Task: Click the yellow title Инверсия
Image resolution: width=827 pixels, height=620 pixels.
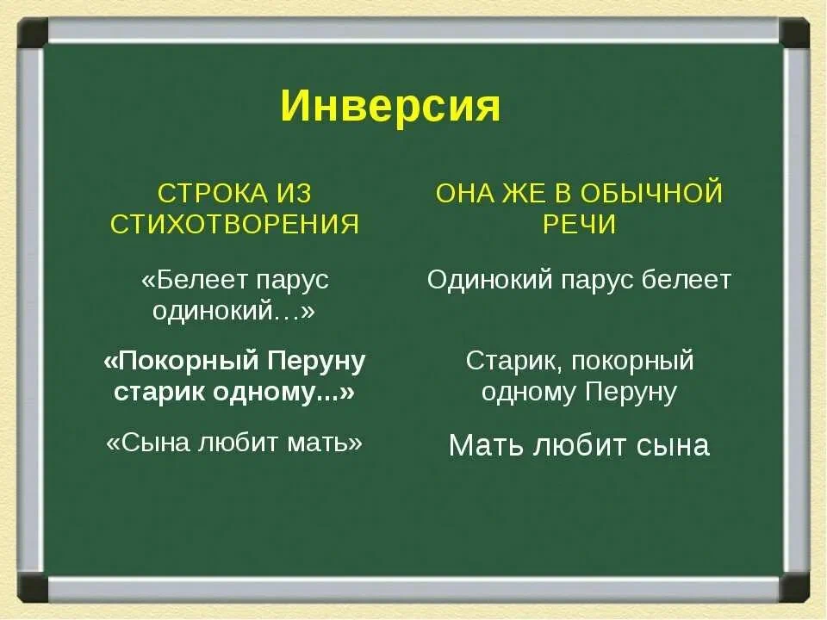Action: [x=389, y=108]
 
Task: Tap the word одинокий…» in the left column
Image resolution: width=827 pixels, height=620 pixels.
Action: [x=233, y=312]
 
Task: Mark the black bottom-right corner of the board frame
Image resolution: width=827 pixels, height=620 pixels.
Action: [x=794, y=587]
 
